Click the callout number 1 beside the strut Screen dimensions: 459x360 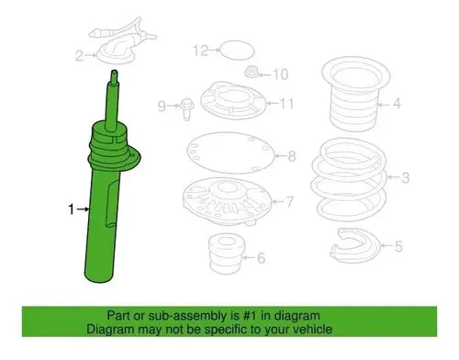tap(71, 209)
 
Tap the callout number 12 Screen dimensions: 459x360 tap(201, 50)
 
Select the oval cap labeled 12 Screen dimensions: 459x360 tap(237, 50)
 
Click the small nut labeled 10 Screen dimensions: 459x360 tap(252, 73)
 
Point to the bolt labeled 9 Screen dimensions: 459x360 tap(187, 108)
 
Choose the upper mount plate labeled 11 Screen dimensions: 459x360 tap(232, 101)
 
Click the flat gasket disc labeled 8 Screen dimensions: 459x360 tap(230, 152)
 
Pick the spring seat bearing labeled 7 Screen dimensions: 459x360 tap(227, 201)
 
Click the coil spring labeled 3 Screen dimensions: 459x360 tap(349, 179)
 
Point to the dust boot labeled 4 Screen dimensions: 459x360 tap(355, 94)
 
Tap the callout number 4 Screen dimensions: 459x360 tap(397, 104)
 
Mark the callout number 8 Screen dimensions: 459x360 tap(292, 156)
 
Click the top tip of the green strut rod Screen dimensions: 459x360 tap(114, 72)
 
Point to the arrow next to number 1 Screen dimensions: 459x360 tap(84, 209)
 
